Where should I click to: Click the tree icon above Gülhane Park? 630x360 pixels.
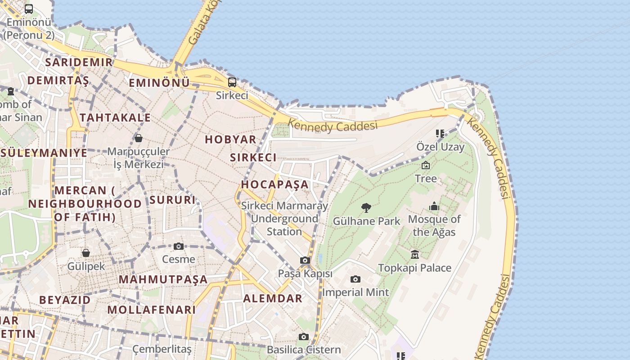(366, 208)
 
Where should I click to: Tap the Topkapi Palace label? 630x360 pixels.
(414, 268)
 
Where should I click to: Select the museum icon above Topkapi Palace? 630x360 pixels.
(415, 255)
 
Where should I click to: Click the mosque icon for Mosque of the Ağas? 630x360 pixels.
(434, 207)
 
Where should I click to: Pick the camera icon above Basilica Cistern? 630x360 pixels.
(304, 337)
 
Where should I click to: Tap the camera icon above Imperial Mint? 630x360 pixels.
(355, 279)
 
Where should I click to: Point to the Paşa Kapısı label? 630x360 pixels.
(305, 274)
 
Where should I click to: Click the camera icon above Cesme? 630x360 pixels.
(179, 246)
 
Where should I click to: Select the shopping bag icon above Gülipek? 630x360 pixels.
(85, 253)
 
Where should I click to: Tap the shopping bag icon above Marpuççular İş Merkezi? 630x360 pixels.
(139, 138)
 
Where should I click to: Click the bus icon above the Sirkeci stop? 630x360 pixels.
(232, 82)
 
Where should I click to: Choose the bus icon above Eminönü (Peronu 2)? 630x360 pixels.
(29, 9)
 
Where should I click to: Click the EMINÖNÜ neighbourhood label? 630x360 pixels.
(159, 83)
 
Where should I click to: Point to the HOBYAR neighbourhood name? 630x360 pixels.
(230, 139)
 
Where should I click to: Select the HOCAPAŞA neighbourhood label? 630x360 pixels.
(275, 184)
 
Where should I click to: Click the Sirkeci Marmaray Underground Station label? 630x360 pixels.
(284, 219)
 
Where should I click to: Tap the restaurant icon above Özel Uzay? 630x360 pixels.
(440, 134)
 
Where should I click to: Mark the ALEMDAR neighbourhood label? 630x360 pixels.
(273, 298)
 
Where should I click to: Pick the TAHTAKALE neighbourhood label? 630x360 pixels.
(115, 118)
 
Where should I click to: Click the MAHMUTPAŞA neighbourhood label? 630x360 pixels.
(163, 279)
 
